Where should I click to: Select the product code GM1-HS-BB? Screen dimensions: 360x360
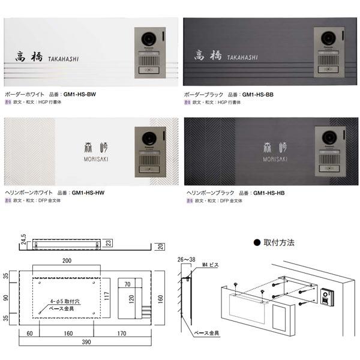pyautogui.click(x=258, y=95)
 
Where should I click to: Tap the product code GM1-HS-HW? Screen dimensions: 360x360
pyautogui.click(x=88, y=193)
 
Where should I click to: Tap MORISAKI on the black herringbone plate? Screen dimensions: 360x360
pyautogui.click(x=275, y=159)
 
